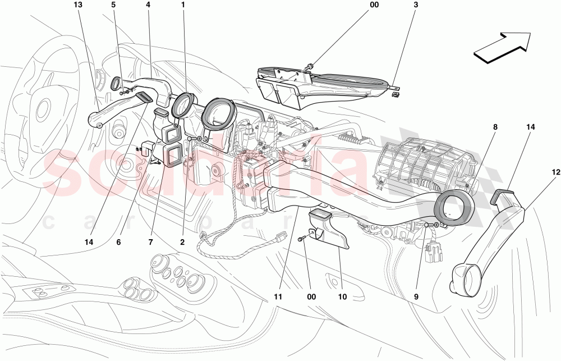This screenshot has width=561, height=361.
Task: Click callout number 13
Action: (x=77, y=5)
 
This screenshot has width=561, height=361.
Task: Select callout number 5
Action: (x=113, y=5)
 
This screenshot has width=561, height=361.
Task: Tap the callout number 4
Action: (x=148, y=5)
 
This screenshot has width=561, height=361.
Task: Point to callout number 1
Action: (x=183, y=5)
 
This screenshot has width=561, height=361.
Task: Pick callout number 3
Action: (x=415, y=5)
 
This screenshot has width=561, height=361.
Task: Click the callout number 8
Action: (x=495, y=127)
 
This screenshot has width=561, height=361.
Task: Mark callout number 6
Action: (x=118, y=243)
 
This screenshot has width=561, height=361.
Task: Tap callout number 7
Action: (x=150, y=243)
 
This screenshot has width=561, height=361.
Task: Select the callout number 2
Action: (x=182, y=243)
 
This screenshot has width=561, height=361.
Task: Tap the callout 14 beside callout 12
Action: (x=530, y=127)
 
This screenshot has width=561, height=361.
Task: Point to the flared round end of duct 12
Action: (x=465, y=279)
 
